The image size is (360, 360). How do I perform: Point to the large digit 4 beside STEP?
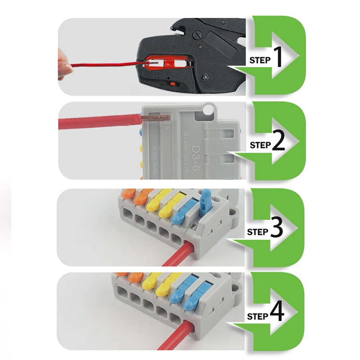click(x=277, y=314)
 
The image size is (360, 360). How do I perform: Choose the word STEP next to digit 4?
click(x=258, y=316)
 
